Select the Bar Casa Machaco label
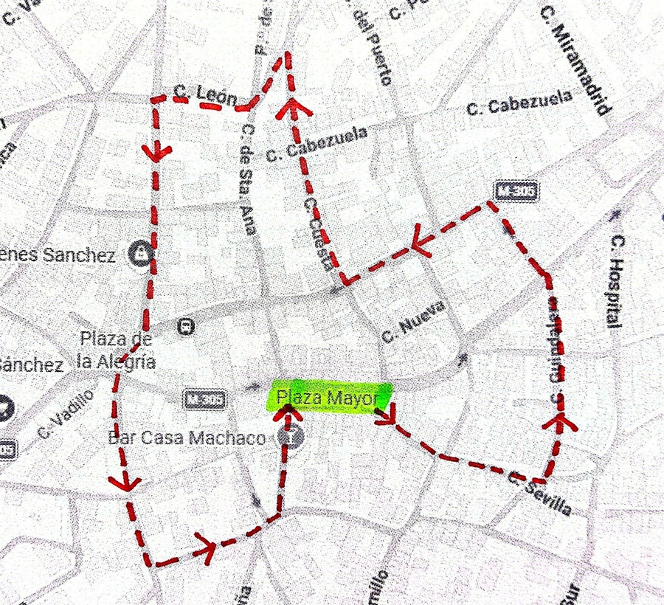pyautogui.click(x=187, y=438)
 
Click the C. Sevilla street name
pyautogui.click(x=539, y=493)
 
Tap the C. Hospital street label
pyautogui.click(x=615, y=280)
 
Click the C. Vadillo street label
pyautogui.click(x=66, y=413)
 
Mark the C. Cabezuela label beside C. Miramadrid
pyautogui.click(x=519, y=103)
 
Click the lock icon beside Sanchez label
pyautogui.click(x=139, y=255)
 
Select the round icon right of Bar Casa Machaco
pyautogui.click(x=293, y=437)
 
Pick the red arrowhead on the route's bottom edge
pyautogui.click(x=206, y=548)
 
